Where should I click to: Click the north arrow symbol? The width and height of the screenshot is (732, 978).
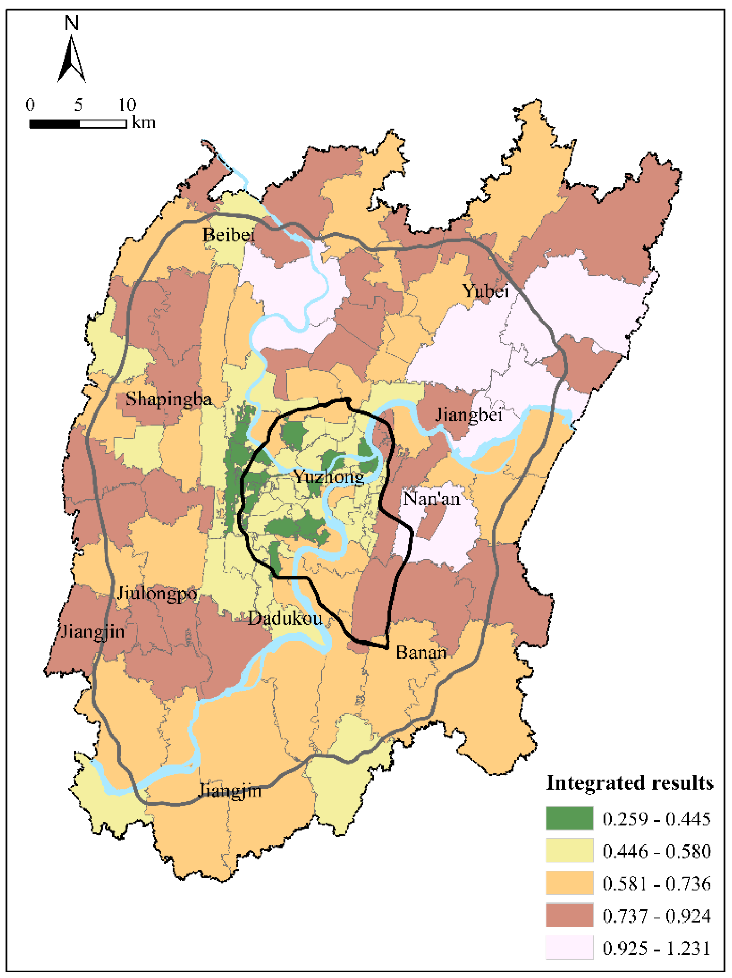[x=71, y=61]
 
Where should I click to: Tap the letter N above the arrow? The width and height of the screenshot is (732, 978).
[x=71, y=23]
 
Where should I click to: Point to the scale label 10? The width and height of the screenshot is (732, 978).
[x=127, y=105]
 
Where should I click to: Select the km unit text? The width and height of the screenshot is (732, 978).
[x=143, y=122]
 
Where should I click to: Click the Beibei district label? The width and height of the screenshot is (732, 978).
[x=229, y=235]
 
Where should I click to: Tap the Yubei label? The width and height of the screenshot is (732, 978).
[x=485, y=291]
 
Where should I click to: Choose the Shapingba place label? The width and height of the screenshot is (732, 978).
[x=168, y=399]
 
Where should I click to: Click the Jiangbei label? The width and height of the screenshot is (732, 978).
[x=468, y=415]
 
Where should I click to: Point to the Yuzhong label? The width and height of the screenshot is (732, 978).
[x=329, y=477]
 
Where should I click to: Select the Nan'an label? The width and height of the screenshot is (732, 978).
[x=431, y=499]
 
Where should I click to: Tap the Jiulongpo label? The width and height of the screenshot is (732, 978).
[x=157, y=594]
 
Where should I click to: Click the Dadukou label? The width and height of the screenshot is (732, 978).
[x=285, y=618]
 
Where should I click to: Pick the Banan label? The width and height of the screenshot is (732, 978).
[x=421, y=652]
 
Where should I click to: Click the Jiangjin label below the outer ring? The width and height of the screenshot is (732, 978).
[x=230, y=791]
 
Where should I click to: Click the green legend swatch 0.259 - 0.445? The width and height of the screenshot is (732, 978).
[x=569, y=818]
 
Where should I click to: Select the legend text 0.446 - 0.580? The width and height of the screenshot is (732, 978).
[x=656, y=851]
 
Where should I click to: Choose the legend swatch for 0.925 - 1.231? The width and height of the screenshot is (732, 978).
[x=569, y=948]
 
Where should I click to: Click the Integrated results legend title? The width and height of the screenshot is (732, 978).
[x=629, y=783]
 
